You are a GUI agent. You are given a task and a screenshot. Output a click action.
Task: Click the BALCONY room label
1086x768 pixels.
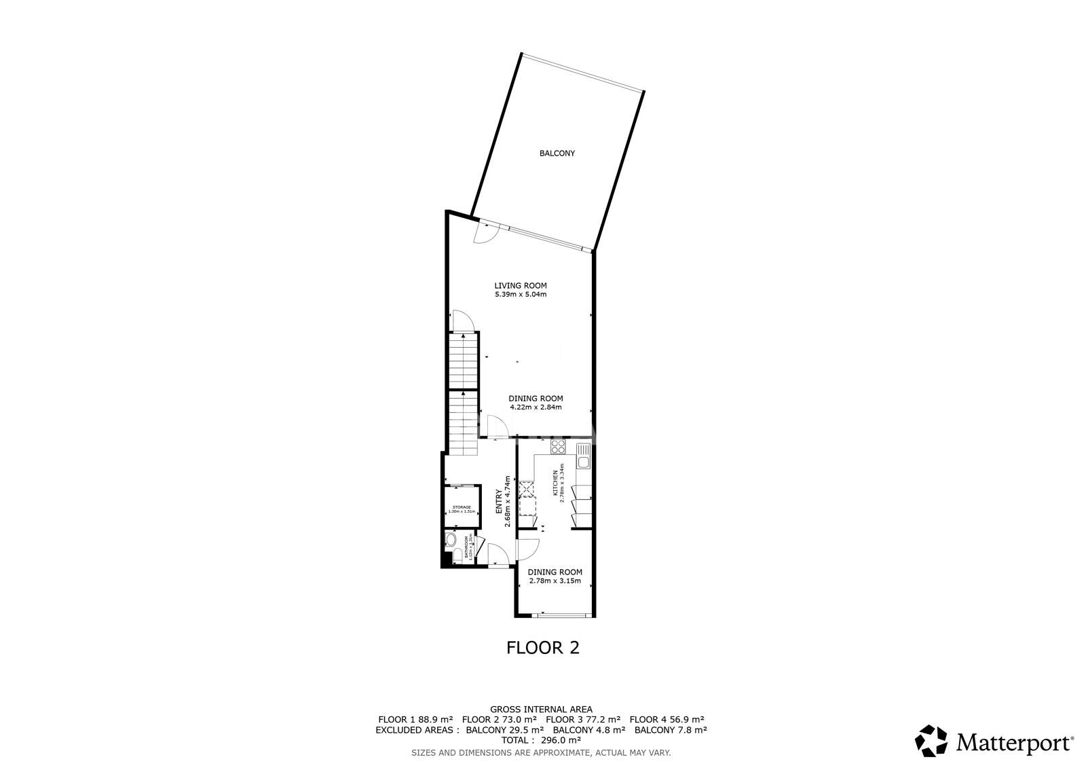(x=557, y=153)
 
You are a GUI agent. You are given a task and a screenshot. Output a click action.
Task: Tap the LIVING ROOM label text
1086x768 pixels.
(x=520, y=286)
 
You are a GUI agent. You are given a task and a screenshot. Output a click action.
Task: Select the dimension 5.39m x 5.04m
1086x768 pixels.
(x=520, y=295)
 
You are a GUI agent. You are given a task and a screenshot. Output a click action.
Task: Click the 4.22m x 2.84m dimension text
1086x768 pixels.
(x=536, y=407)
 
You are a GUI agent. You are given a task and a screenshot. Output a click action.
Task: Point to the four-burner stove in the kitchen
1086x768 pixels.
(x=558, y=447)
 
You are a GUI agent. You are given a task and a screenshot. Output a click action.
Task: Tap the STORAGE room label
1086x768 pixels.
(x=462, y=507)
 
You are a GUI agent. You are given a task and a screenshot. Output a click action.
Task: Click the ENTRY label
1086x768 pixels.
(x=500, y=500)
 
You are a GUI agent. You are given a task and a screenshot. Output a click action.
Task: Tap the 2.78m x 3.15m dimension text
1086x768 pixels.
(x=555, y=581)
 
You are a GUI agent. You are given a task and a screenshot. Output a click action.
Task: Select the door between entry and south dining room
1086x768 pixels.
(x=527, y=549)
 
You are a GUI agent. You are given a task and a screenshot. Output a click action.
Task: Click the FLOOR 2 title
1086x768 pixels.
(x=543, y=647)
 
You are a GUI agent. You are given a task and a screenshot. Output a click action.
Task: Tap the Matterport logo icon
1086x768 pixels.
(x=931, y=741)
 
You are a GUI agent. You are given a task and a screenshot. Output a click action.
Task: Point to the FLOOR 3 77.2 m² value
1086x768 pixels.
(x=583, y=719)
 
